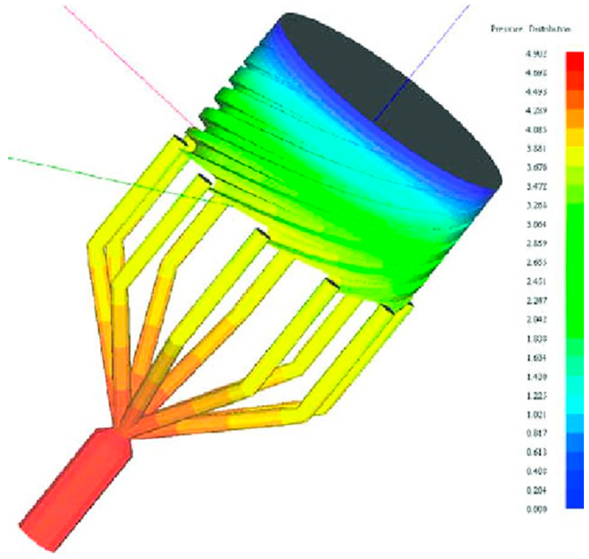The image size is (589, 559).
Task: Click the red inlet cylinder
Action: coord(75,489)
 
